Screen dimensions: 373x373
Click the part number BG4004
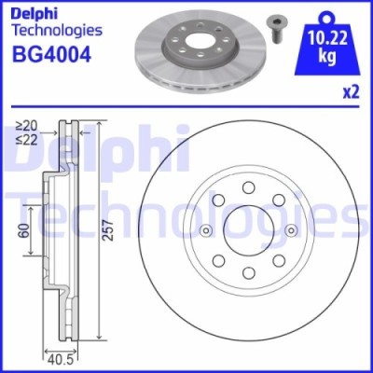[51, 55]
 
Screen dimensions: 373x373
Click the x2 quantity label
[352, 91]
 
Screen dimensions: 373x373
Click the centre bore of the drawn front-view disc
[249, 233]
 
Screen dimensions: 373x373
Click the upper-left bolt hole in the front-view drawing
[218, 202]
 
